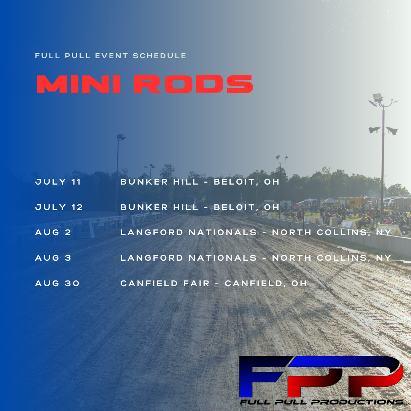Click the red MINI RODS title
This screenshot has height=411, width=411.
[145, 84]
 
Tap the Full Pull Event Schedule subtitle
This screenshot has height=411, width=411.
[111, 56]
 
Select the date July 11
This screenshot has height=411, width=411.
[58, 182]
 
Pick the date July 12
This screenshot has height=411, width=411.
[59, 207]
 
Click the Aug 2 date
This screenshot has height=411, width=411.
[53, 233]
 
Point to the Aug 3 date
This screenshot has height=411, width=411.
[53, 258]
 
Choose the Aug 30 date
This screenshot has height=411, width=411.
[57, 284]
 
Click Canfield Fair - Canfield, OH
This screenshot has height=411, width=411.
[213, 284]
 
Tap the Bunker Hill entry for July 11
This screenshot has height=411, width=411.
[200, 182]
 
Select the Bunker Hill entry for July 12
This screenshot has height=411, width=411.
[200, 207]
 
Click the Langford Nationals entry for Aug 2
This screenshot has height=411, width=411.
[256, 233]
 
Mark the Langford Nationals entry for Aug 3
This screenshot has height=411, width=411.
[256, 258]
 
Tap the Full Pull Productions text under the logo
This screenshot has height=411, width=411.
[324, 402]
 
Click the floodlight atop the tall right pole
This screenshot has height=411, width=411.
[378, 97]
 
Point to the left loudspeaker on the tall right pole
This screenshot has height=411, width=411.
[374, 129]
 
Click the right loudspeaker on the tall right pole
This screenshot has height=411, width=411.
[392, 131]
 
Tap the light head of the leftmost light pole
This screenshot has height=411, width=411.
[121, 137]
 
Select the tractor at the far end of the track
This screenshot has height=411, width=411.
[200, 207]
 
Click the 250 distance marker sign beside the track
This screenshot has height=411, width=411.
[84, 231]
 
